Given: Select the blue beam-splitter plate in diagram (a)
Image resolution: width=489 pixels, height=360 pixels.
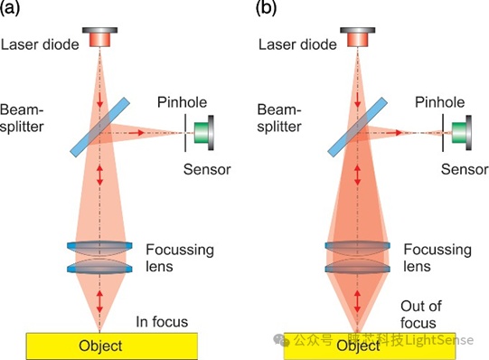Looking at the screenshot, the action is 99,127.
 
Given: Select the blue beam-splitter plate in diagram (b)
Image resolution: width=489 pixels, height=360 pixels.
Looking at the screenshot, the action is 358,127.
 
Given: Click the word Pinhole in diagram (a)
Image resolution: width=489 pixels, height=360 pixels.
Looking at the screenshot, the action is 182,102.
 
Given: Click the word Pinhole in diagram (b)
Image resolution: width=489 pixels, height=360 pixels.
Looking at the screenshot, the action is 439,102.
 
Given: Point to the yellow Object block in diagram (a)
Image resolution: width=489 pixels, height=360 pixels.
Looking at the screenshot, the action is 112,346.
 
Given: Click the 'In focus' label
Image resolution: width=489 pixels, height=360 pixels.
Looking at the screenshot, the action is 162,322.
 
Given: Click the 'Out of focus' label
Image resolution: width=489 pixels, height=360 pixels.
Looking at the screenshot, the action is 420,315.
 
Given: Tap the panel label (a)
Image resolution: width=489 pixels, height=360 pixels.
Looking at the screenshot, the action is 10,8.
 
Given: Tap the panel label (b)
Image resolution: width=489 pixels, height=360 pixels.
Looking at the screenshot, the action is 266,8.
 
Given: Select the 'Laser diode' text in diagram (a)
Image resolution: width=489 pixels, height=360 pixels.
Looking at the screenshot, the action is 40,44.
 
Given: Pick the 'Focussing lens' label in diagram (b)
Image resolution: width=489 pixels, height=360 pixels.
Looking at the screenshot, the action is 437,258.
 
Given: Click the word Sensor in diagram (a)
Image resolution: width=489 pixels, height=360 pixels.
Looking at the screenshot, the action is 207,169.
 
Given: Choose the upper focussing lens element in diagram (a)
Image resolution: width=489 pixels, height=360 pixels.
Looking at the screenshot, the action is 99,246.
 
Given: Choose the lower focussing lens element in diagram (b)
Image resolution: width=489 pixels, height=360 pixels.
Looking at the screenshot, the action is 358,269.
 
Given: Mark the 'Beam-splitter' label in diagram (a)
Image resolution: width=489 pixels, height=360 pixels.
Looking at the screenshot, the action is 22,118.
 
